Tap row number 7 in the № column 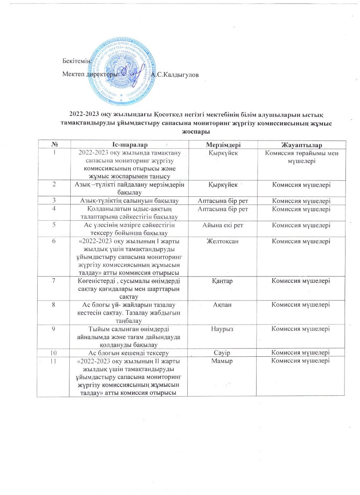point(54,281)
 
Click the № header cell point(54,145)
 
